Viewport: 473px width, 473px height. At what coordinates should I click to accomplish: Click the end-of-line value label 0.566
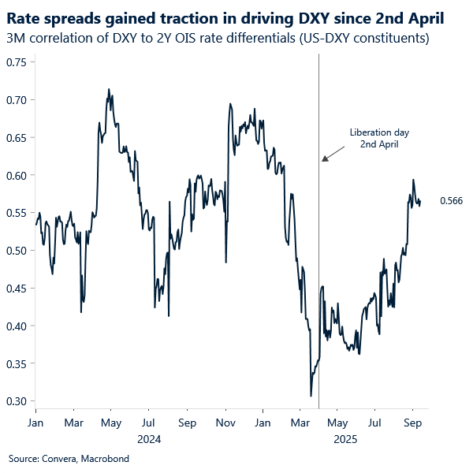point(451,202)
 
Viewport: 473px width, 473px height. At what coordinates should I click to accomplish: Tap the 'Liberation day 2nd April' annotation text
point(379,139)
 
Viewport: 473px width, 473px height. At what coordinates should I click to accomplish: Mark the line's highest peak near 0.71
point(108,90)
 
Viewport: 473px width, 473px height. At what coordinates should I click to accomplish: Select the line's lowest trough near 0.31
point(311,396)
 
